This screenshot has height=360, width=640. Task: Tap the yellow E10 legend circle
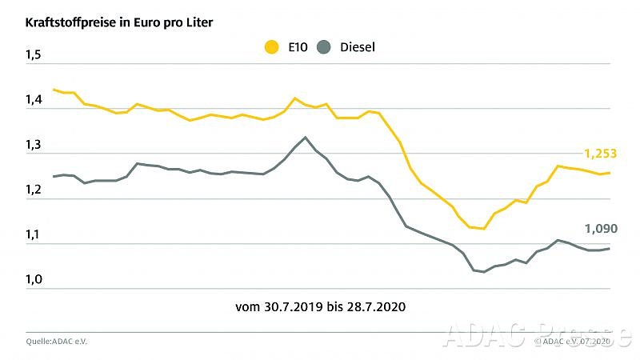(x=272, y=47)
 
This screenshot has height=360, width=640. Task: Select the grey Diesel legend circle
(x=324, y=47)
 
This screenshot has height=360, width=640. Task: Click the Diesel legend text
(x=357, y=47)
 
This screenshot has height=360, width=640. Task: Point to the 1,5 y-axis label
(x=34, y=55)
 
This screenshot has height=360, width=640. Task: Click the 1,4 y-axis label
(x=34, y=100)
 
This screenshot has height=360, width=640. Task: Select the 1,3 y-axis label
(x=34, y=145)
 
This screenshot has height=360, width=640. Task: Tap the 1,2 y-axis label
(x=34, y=190)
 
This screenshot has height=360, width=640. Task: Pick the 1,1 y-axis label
(x=34, y=234)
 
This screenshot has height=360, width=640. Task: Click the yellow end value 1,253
(x=600, y=153)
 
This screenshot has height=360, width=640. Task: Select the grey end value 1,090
(x=600, y=229)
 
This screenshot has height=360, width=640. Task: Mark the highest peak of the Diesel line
(x=305, y=137)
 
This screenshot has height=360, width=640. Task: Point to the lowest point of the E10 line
(x=483, y=229)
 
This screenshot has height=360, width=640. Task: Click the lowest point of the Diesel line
(x=483, y=272)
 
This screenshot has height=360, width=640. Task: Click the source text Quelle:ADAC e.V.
(x=58, y=341)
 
